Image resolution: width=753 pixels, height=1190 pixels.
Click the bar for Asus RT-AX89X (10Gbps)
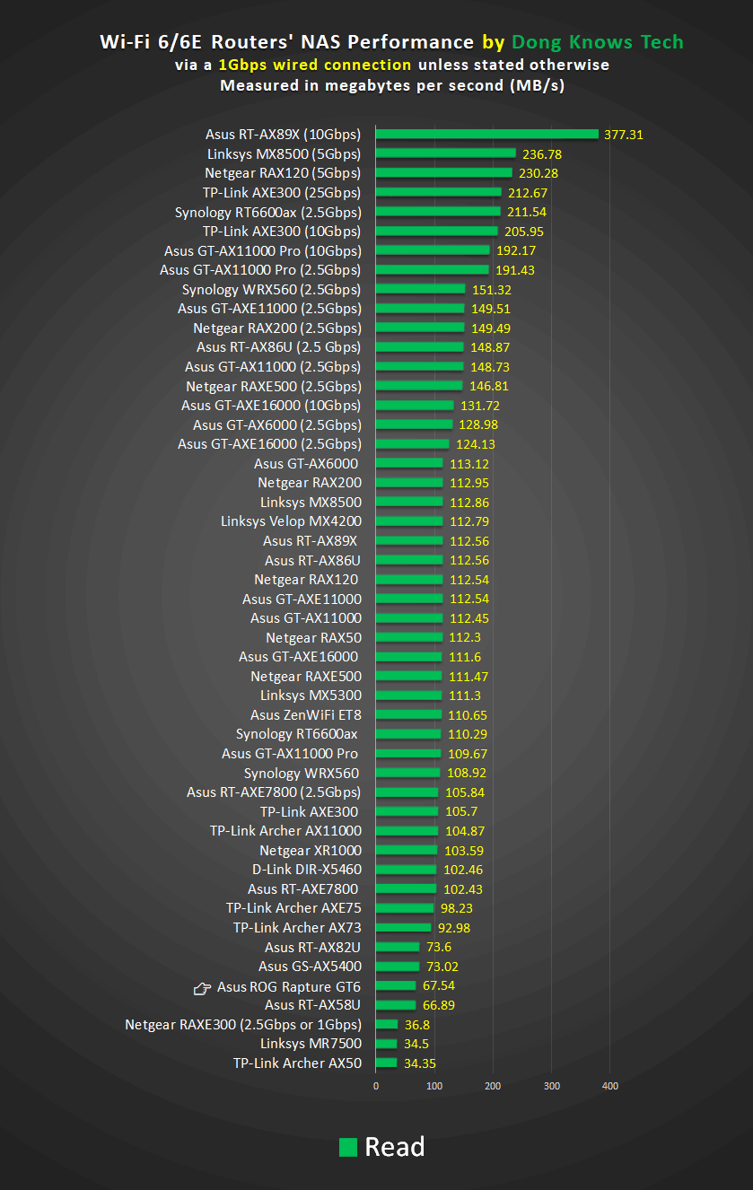[486, 135]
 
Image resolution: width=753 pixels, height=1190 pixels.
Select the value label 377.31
[624, 136]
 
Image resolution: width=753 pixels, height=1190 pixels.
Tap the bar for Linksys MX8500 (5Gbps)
[445, 154]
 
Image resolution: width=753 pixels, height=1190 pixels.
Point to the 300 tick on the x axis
[551, 1087]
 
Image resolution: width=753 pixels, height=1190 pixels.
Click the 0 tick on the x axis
[376, 1087]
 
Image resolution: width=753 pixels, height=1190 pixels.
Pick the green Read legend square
[348, 1147]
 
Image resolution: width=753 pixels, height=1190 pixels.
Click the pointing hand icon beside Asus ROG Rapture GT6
[203, 988]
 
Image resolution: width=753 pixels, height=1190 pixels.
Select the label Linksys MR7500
[311, 1044]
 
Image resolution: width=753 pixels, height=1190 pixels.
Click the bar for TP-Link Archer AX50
[386, 1063]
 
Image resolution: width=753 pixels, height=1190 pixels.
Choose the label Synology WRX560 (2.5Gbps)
[271, 290]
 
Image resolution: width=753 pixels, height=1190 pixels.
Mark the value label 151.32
[491, 290]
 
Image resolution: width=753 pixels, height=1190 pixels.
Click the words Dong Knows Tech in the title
[597, 42]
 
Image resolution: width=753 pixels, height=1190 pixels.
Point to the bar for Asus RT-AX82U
[398, 948]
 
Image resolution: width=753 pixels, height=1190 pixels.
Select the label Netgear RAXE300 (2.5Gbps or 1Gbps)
[243, 1025]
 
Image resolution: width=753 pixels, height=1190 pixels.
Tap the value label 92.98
[454, 928]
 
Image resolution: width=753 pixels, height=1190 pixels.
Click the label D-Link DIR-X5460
[307, 870]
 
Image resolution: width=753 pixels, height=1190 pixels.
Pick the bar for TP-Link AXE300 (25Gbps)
[438, 193]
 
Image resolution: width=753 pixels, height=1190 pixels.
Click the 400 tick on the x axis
[609, 1087]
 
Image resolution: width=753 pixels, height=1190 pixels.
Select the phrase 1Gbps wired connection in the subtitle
[315, 65]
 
